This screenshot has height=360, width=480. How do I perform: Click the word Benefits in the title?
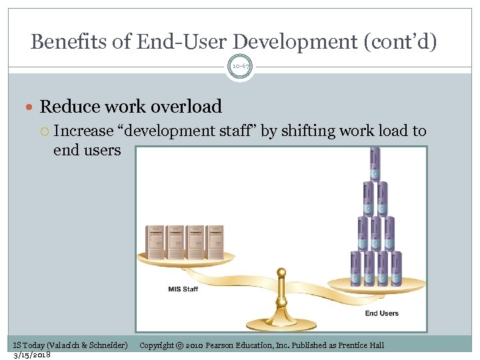(x=69, y=42)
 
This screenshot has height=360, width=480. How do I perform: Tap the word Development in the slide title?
(x=306, y=42)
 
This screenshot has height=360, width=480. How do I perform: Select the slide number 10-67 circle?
(x=240, y=67)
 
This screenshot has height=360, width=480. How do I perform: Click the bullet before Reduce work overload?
(x=31, y=107)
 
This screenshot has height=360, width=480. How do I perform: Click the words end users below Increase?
(x=87, y=150)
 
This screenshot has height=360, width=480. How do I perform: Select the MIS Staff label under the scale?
(x=183, y=289)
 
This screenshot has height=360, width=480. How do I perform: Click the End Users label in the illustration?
(x=381, y=313)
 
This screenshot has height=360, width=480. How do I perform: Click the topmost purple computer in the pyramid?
(x=375, y=164)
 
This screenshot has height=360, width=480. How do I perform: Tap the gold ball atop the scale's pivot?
(x=281, y=273)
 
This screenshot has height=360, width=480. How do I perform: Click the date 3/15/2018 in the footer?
(x=32, y=354)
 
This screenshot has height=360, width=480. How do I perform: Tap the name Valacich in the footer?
(x=63, y=345)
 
